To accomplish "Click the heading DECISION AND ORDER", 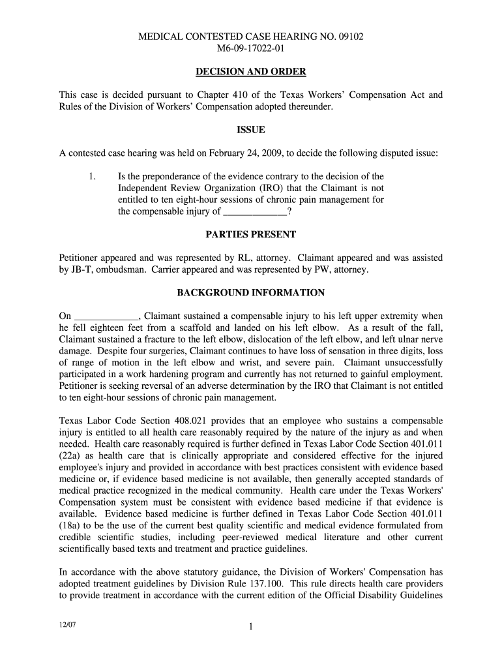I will point(250,72).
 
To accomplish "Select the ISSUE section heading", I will point(250,130).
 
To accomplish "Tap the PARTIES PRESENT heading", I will point(250,234).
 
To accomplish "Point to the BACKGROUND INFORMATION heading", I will point(250,293).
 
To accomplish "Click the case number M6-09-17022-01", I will point(250,48).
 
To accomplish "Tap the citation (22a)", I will point(71,456).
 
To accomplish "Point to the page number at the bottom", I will point(250,628).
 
